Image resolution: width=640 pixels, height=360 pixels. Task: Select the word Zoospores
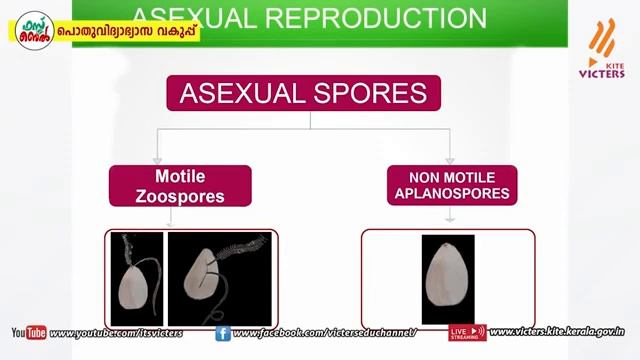[x=180, y=196]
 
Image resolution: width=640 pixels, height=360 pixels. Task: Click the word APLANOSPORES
[x=452, y=194]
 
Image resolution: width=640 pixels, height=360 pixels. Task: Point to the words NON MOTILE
[x=452, y=177]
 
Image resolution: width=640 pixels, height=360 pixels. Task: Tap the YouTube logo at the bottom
[x=28, y=333]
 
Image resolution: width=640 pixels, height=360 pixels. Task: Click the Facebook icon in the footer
[x=222, y=333]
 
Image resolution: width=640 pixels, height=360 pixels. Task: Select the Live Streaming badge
[x=467, y=332]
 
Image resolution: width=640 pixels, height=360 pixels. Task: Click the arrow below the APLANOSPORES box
[x=449, y=215]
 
